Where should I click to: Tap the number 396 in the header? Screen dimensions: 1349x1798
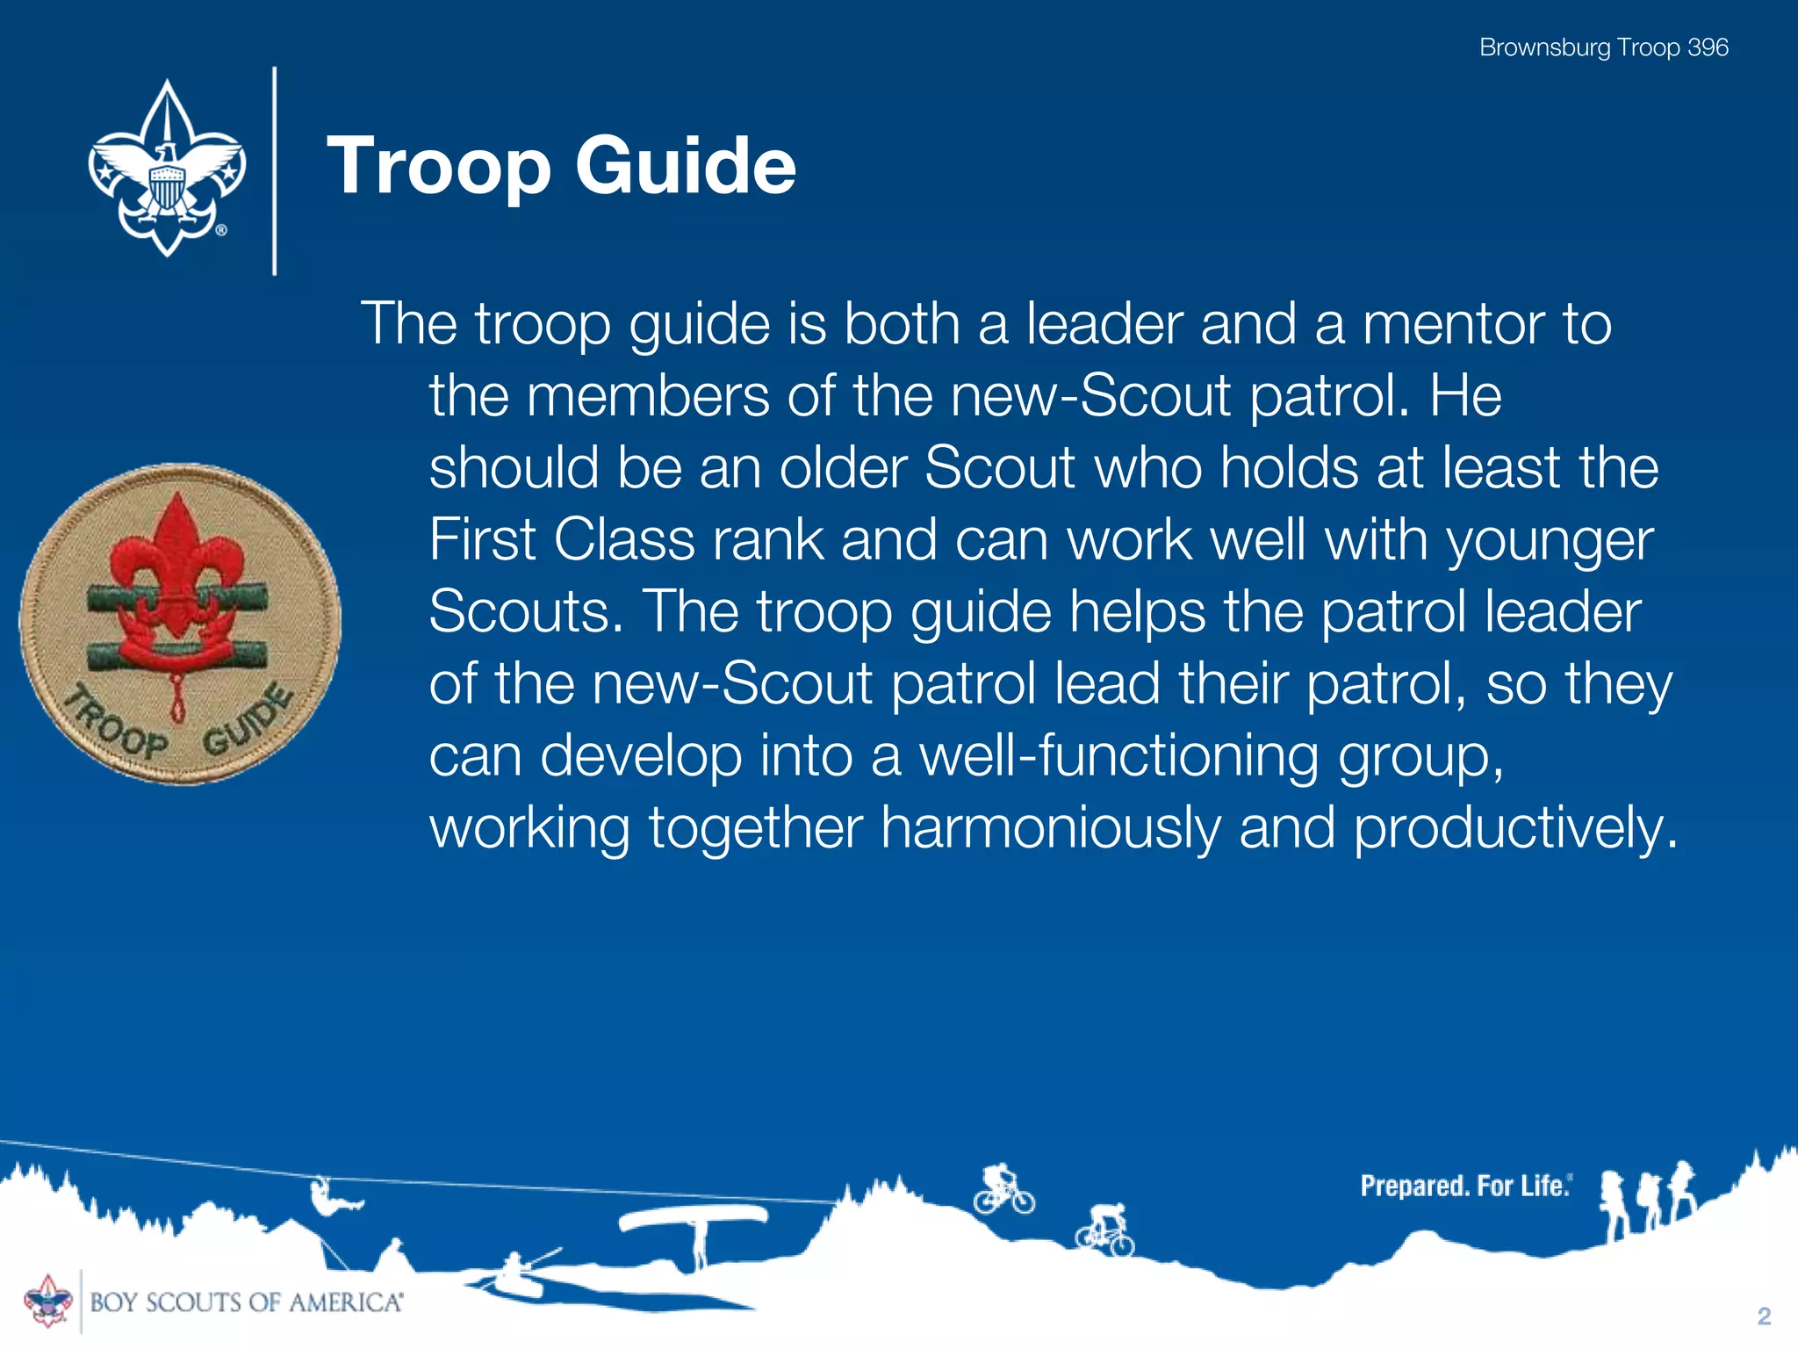click(x=1708, y=47)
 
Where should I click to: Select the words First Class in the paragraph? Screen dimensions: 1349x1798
click(x=562, y=539)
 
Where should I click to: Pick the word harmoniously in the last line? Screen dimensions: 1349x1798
click(x=1050, y=827)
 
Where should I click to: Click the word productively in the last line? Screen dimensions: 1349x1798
click(x=1514, y=827)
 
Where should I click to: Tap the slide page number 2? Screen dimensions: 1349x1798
click(x=1764, y=1316)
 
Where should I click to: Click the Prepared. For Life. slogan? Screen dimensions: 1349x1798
click(x=1464, y=1187)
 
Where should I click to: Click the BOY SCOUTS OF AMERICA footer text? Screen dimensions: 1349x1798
click(x=246, y=1302)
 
